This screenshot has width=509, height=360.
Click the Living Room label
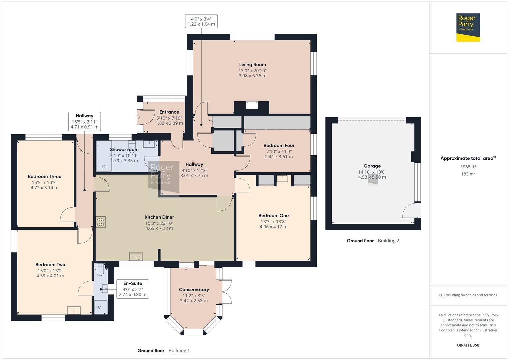tap(252, 65)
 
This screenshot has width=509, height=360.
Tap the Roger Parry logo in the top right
tap(468, 27)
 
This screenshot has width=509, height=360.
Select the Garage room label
tap(372, 166)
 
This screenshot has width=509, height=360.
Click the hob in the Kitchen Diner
tap(101, 222)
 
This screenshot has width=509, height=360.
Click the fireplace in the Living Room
tap(251, 105)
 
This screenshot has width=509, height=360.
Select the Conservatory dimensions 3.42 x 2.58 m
tap(194, 301)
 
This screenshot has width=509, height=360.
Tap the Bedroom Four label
tap(279, 145)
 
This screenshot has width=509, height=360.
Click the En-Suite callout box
tap(132, 289)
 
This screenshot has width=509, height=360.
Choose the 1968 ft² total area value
tap(468, 167)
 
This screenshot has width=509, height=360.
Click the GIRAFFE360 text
tap(468, 345)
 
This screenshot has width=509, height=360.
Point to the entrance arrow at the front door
tap(138, 117)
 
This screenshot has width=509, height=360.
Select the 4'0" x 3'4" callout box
tap(201, 21)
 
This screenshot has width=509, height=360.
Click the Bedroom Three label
tap(44, 177)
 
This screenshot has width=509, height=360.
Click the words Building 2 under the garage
tap(388, 241)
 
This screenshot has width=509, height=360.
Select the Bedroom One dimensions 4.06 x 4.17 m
tap(273, 227)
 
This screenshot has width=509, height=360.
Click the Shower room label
tap(124, 150)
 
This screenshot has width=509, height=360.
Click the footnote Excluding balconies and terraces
tap(468, 295)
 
